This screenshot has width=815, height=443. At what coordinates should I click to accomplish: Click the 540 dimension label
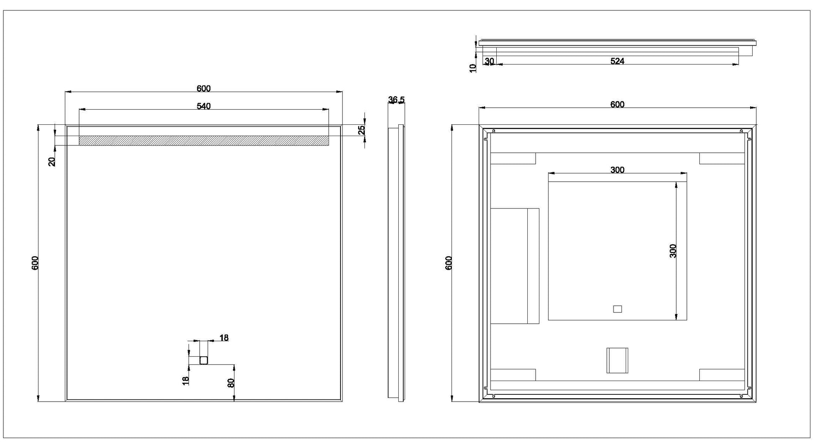pos(204,106)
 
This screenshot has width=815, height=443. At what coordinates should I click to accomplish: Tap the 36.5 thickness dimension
pos(396,100)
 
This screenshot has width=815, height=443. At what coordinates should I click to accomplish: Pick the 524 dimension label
pos(617,61)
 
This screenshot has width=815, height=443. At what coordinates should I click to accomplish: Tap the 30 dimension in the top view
pos(489,61)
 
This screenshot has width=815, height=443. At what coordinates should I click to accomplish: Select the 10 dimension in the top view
pos(473,68)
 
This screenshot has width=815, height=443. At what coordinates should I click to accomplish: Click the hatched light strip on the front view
pos(204,140)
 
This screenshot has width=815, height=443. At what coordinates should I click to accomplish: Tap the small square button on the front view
pos(204,360)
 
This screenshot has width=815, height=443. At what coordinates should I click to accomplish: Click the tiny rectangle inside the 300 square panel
pos(617,309)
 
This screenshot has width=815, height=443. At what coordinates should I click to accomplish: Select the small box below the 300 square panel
pos(617,360)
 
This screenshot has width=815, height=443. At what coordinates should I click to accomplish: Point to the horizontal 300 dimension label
pos(617,170)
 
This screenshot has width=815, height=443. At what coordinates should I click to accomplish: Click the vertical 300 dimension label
pos(673,251)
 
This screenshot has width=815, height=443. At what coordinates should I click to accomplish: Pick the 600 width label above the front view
pos(204,89)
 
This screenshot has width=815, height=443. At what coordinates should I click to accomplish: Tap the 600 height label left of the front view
pos(35,263)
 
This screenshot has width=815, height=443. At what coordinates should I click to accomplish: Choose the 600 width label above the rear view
pos(617,105)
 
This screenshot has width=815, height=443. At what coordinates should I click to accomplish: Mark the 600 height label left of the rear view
pos(449,263)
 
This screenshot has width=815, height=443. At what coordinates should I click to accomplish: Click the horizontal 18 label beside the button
pos(224,338)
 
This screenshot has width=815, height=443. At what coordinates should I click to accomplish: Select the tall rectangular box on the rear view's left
pos(514,266)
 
